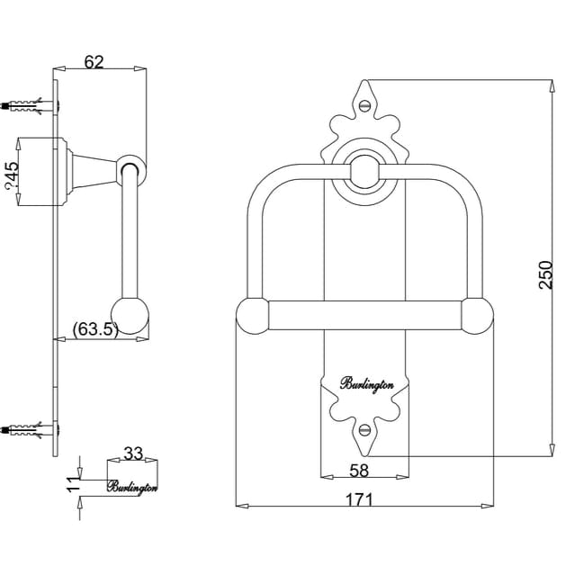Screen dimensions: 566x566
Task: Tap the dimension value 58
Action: [x=359, y=471]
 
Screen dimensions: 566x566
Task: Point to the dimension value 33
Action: [x=132, y=454]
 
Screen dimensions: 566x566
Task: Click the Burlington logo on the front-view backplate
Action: [x=366, y=384]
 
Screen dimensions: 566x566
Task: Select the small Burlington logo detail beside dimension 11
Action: [x=132, y=487]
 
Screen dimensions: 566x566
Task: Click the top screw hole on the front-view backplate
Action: [x=364, y=105]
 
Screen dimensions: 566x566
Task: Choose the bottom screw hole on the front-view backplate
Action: [x=364, y=431]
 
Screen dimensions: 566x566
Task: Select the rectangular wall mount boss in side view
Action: [x=43, y=173]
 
